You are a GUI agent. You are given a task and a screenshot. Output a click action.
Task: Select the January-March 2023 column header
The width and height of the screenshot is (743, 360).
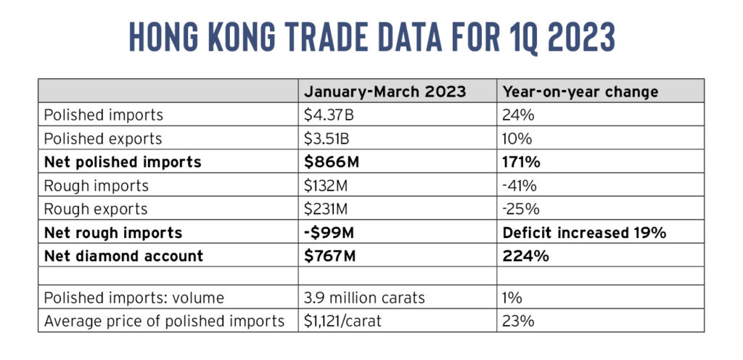point(385,91)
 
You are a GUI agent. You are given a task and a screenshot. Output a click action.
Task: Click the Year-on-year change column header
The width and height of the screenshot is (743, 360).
point(580,91)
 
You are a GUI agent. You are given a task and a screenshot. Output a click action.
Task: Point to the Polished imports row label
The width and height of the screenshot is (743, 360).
point(103,115)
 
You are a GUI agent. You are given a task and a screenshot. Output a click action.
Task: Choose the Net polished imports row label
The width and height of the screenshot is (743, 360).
point(123,162)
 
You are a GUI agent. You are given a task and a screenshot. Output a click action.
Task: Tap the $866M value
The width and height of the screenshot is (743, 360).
point(331,162)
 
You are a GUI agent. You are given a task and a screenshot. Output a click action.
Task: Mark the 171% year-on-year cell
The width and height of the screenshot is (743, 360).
point(521,162)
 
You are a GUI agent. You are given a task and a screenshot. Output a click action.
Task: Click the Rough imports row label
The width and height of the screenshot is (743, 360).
point(97,186)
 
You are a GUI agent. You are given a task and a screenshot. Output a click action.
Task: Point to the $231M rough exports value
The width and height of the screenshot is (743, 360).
point(327,209)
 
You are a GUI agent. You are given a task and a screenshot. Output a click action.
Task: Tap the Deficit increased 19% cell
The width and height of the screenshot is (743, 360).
point(584,232)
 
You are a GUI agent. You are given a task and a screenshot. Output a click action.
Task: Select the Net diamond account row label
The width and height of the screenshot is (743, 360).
point(123,255)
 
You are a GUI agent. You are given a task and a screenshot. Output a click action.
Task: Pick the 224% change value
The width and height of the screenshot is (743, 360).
point(525,255)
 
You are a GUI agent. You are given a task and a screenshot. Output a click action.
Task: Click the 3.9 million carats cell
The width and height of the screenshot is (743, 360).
point(364,298)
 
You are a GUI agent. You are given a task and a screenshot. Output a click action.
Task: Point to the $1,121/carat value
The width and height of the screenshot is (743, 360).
point(342,321)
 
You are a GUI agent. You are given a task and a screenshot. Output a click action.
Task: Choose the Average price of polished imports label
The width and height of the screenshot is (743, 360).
point(164,321)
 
